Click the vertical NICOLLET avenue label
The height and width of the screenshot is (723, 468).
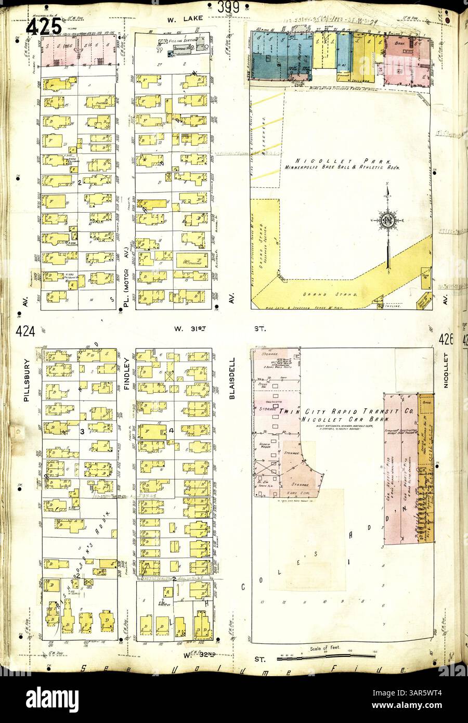[446, 371]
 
